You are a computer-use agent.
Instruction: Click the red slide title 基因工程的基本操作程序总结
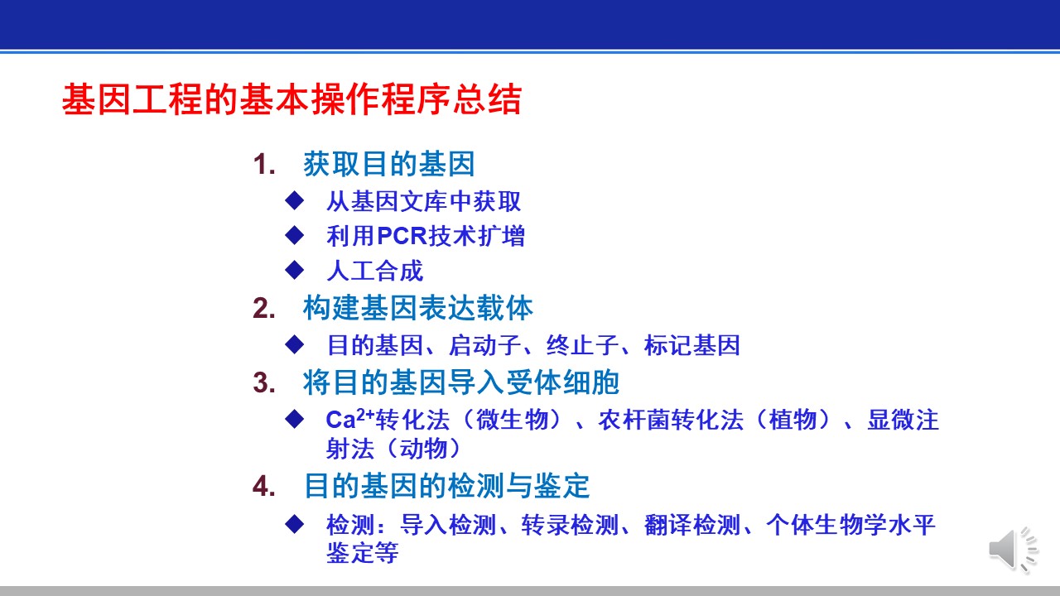291,99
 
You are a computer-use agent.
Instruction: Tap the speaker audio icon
1013,550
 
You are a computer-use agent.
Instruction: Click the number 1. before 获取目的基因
264,165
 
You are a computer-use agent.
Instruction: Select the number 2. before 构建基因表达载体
264,309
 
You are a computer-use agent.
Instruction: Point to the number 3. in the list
264,382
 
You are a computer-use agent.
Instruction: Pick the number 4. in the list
264,486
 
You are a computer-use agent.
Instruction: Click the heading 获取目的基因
389,164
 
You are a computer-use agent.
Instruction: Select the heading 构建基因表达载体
418,308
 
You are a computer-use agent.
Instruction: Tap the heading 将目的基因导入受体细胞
461,382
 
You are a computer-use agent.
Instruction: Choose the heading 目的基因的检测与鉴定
446,485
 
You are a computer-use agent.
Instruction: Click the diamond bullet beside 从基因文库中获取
294,200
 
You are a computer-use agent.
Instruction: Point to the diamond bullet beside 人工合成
294,270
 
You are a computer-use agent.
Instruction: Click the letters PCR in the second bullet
402,236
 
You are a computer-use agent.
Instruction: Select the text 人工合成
375,271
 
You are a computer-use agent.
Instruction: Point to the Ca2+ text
350,419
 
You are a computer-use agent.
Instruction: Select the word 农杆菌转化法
671,420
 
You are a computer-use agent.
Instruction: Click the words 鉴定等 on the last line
363,552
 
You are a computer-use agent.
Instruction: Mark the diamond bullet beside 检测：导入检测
294,524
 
